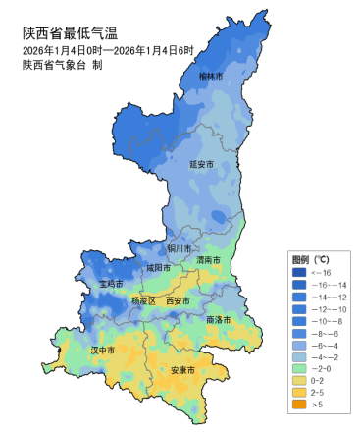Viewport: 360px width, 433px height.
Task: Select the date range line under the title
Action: tap(109, 50)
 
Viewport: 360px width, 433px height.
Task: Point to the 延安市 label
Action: tap(201, 165)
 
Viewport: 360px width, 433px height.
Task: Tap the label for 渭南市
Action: tap(208, 261)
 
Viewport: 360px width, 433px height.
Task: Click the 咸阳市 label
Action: tap(158, 267)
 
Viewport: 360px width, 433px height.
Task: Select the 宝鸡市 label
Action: tap(111, 284)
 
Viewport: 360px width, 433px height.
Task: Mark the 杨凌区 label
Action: tap(143, 301)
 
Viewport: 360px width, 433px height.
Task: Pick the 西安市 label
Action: tap(179, 301)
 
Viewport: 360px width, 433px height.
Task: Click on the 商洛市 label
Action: tap(219, 320)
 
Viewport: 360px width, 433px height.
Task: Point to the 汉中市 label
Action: tap(103, 350)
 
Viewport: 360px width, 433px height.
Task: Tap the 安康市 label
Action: tap(182, 370)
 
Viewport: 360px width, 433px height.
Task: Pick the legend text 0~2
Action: tap(318, 379)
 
